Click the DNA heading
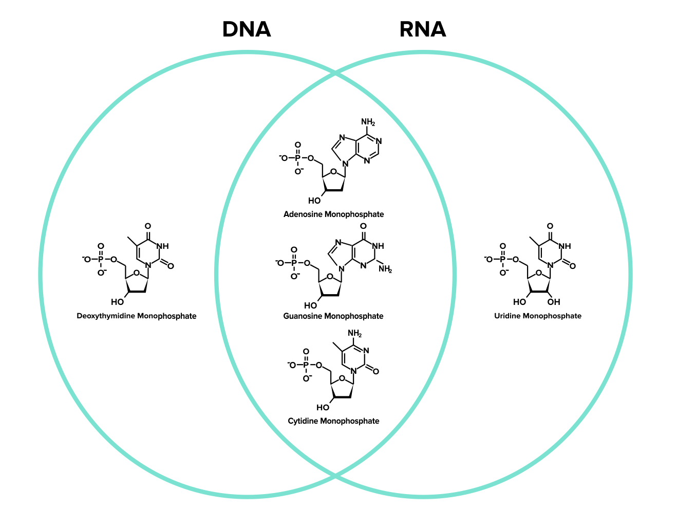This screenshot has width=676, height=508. (247, 30)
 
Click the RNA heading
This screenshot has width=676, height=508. (422, 30)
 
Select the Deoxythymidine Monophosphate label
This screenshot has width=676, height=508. (137, 316)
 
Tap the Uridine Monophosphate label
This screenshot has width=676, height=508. (538, 316)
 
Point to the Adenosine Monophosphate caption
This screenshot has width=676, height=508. (333, 214)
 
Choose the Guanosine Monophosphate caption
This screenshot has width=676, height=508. (333, 316)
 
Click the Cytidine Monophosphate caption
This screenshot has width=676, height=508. (333, 421)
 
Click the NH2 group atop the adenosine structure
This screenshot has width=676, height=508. (368, 122)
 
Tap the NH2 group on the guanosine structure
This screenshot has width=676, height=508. (385, 269)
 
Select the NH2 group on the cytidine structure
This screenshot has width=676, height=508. (354, 334)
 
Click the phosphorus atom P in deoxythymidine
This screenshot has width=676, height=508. (101, 260)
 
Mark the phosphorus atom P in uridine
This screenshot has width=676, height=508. (502, 260)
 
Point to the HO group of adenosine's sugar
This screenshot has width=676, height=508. (314, 201)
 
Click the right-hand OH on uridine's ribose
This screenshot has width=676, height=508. (554, 302)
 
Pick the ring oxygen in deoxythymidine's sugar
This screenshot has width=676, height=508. (136, 273)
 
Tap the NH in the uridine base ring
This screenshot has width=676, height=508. (565, 246)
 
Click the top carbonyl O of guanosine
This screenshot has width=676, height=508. (363, 226)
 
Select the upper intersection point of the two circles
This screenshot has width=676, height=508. (335, 74)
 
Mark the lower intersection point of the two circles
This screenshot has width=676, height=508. (335, 476)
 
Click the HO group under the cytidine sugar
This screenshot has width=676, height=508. (323, 408)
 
